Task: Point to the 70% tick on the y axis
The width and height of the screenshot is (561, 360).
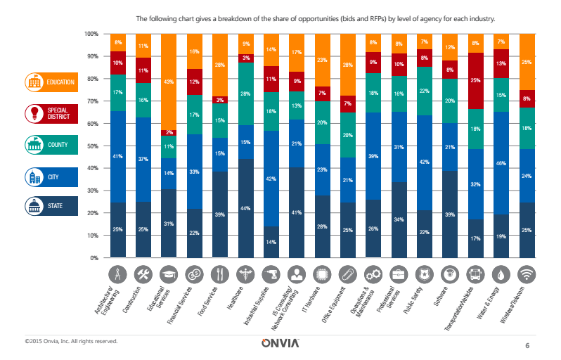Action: tap(92, 101)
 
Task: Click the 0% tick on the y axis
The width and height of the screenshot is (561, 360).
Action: tap(94, 259)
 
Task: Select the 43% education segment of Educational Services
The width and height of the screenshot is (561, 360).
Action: tap(168, 82)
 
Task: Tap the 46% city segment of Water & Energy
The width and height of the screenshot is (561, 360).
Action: tap(501, 163)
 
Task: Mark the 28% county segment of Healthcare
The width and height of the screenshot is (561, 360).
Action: tap(246, 94)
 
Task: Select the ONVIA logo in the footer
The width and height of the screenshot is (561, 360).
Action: tap(280, 343)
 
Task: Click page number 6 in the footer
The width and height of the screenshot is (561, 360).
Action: tap(527, 345)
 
